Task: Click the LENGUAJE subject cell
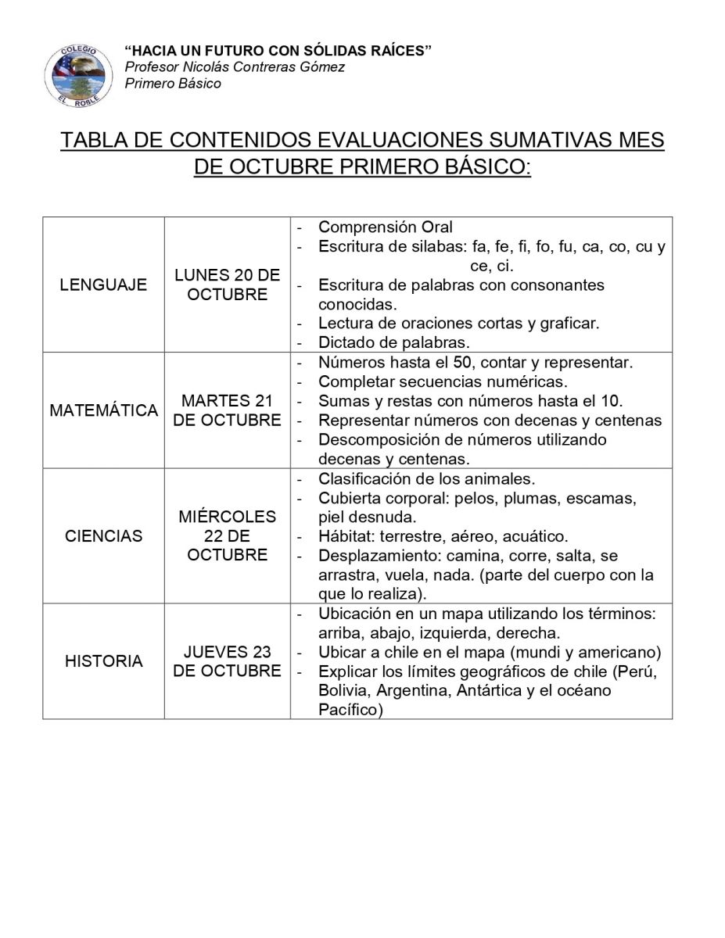point(103,285)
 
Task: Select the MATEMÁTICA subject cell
point(103,410)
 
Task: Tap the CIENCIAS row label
point(103,536)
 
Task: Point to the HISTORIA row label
point(103,661)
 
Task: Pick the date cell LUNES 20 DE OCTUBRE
point(227,285)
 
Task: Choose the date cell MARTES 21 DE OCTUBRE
point(227,410)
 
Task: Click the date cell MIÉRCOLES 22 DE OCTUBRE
point(227,536)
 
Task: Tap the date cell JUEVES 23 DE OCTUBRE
point(227,661)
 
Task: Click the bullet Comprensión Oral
point(385,227)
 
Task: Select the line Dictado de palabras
point(393,342)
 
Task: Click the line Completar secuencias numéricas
point(443,382)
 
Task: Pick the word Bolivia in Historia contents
point(343,691)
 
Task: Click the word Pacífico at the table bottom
point(349,710)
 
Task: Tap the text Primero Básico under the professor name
point(173,84)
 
